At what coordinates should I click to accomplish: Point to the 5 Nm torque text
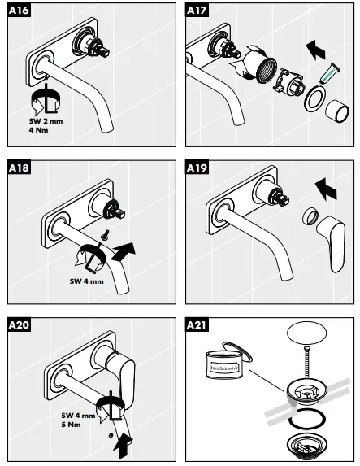click(x=73, y=425)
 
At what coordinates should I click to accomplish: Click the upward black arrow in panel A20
click(x=123, y=442)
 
